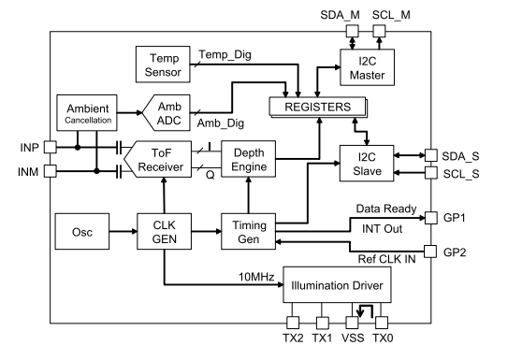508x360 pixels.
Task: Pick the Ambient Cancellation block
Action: (x=87, y=115)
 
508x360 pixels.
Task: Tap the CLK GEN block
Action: (x=166, y=226)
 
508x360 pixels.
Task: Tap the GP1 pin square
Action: (x=430, y=218)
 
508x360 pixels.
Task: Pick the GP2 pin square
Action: (x=430, y=252)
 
